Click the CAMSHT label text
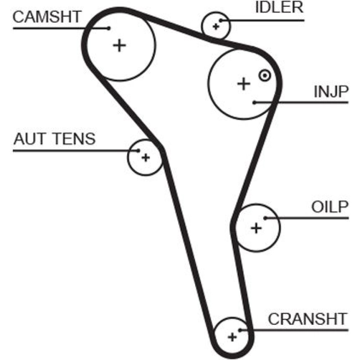pos(47,17)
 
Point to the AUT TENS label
pos(54,139)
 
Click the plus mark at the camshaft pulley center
pos(120,45)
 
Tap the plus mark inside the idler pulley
pos(216,26)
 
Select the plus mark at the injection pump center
pos(244,84)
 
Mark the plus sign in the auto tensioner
pos(145,157)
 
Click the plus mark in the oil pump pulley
pos(256,228)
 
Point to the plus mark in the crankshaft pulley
pos(233,337)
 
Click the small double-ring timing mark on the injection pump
pos(265,76)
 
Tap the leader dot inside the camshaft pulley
pos(108,28)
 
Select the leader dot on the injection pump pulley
pos(254,103)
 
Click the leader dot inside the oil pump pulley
pos(265,218)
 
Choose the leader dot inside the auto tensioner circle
pos(139,150)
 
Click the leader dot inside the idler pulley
pos(221,21)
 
